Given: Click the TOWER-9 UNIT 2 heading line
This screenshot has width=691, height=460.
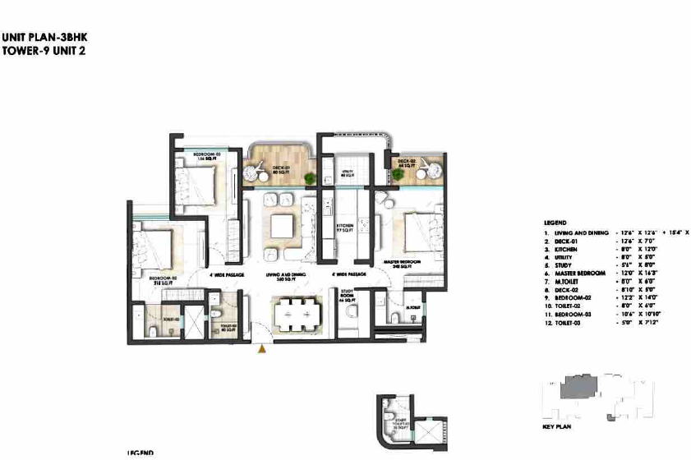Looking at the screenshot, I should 43,50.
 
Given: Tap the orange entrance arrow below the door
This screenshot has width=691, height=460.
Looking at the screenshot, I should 262,351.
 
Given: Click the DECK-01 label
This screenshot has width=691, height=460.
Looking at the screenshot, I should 281,169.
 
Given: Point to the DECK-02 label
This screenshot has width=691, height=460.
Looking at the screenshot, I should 406,163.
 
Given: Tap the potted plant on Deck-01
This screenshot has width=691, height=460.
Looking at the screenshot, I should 309,178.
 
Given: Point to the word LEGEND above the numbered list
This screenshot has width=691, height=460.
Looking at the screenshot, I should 555,223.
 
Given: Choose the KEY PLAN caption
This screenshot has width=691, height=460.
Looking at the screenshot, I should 555,427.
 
